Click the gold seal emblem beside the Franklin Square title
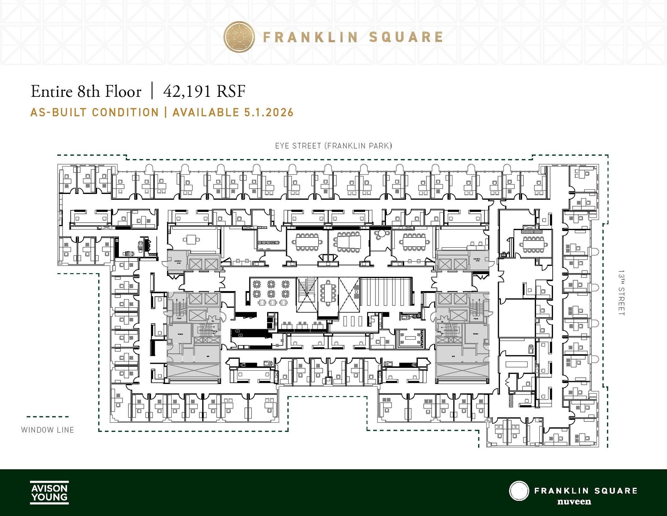(x=239, y=37)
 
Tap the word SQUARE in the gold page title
(x=406, y=37)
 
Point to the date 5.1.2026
(x=269, y=112)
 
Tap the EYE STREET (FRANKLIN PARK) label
(x=333, y=146)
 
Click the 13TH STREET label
(x=621, y=292)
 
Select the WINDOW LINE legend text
(x=48, y=430)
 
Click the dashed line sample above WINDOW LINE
(x=48, y=417)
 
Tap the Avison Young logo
(x=49, y=492)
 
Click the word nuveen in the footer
(x=574, y=501)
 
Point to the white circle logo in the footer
(x=518, y=491)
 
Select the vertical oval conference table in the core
(x=328, y=292)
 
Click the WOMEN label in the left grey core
(x=180, y=334)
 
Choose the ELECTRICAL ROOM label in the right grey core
(x=477, y=260)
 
